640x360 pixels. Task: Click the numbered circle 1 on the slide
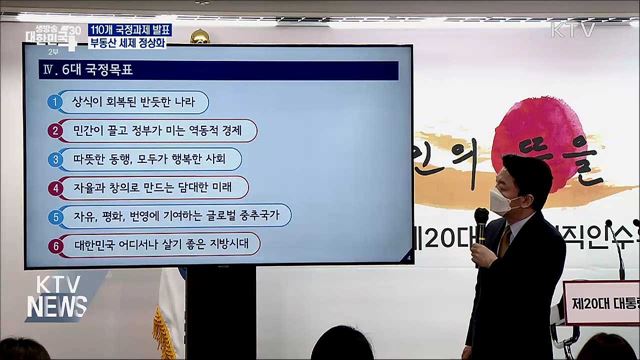point(55,102)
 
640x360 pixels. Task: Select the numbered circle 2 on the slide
point(55,131)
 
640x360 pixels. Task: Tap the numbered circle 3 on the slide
point(55,159)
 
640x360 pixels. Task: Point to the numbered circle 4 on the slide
point(55,187)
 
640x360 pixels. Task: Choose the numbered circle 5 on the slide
point(55,216)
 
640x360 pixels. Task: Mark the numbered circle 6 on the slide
point(55,244)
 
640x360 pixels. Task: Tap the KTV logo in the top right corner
point(572,29)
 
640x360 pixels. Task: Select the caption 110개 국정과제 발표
point(129,29)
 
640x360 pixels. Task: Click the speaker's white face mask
point(506,201)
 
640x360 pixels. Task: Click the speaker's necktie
point(505,240)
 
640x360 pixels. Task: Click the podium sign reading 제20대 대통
point(600,301)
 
